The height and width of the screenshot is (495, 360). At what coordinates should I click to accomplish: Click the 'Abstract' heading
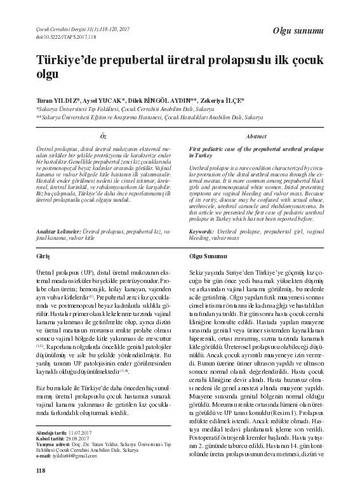click(x=255, y=137)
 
